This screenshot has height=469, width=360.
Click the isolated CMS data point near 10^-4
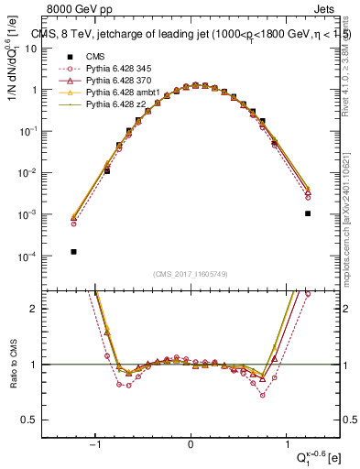(x=73, y=251)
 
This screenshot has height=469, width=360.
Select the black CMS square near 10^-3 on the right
(x=308, y=213)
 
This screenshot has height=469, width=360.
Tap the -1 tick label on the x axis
(x=95, y=447)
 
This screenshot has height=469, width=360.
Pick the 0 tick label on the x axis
(x=191, y=447)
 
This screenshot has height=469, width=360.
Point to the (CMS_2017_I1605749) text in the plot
(x=191, y=275)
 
